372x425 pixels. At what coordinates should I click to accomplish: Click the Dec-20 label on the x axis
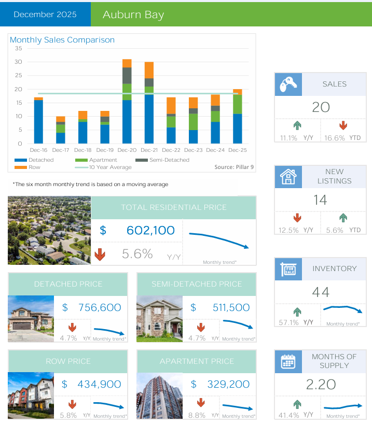tap(127, 150)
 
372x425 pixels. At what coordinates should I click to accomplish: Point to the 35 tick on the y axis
tap(19, 48)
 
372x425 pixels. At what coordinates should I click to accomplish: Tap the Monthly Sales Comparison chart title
tap(62, 40)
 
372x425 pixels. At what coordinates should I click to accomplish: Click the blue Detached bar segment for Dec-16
tap(38, 121)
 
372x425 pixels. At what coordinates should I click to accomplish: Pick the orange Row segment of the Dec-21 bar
tap(149, 70)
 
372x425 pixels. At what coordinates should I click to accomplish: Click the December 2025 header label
tap(45, 14)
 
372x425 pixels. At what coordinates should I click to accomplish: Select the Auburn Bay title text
tap(133, 15)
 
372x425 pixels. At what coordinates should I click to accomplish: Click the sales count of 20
tap(321, 107)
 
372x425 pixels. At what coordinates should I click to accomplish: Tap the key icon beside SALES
tap(288, 84)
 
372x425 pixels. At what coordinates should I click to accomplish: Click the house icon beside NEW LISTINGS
tap(288, 176)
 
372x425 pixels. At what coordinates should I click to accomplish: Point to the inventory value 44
tap(321, 292)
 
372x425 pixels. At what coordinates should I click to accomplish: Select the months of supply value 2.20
tap(321, 385)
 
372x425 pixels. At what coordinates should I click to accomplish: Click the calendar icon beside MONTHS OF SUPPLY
tap(288, 361)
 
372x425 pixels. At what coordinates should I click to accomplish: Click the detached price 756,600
tap(99, 307)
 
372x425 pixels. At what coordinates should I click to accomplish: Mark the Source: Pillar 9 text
tap(234, 167)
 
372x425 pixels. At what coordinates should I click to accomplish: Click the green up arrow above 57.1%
tap(297, 311)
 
